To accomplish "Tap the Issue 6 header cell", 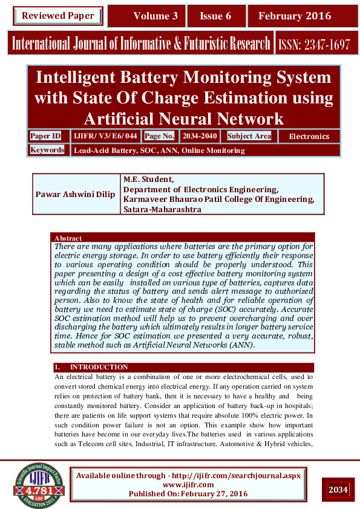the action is coord(215,16).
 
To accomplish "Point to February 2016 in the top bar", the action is coord(295,16).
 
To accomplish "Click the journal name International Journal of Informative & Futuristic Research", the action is coord(140,44).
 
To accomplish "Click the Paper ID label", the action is coord(45,136).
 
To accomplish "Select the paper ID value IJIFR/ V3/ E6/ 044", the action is coord(105,136).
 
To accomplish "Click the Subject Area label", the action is coord(249,136).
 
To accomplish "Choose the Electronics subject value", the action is coord(309,137).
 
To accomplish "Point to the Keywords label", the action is coord(47,150).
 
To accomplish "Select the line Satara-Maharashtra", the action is coord(162,210).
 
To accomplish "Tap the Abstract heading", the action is coord(68,238).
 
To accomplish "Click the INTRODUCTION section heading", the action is coord(99,367).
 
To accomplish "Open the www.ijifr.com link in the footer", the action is coord(188,485).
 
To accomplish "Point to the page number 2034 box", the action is coord(338,489).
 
